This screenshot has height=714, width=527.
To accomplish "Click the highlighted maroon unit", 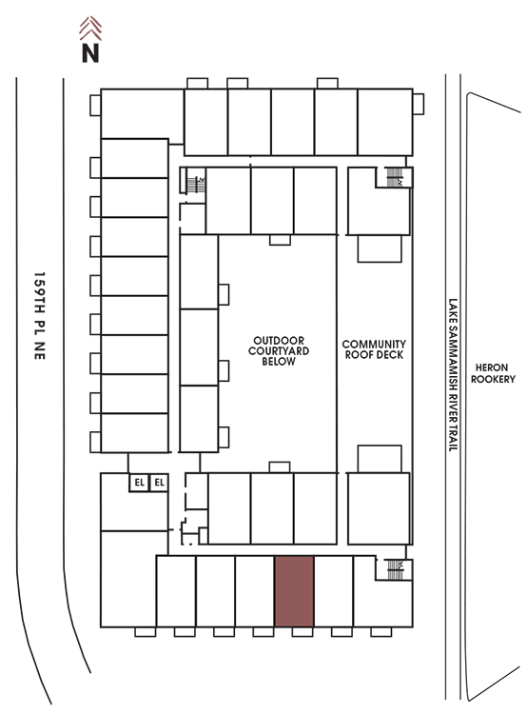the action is (x=294, y=591).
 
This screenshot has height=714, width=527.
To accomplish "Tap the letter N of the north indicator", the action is (x=90, y=52).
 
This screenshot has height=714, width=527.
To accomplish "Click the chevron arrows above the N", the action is (x=90, y=29).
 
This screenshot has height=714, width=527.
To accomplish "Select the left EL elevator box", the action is (x=139, y=483).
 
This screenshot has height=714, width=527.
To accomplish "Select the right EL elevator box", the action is (x=159, y=483).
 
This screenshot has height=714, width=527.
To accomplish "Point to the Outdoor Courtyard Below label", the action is (x=279, y=351).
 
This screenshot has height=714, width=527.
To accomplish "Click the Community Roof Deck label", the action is (x=374, y=349).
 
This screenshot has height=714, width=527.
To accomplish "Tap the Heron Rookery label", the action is (x=493, y=373).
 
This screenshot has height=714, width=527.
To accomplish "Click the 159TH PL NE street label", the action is (x=40, y=316).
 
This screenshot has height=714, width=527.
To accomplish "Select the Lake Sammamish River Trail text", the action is (x=453, y=375).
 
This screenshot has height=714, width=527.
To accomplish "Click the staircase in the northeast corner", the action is (x=394, y=177).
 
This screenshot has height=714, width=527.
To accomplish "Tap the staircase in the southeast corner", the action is (x=395, y=569).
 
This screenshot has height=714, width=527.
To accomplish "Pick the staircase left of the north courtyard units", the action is (x=196, y=185).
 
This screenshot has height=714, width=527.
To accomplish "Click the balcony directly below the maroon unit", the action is (x=303, y=632).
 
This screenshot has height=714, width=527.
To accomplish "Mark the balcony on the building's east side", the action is (x=419, y=104).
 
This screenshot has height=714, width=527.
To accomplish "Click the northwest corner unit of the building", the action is (x=142, y=114).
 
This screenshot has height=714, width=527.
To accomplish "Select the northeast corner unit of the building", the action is (x=385, y=122).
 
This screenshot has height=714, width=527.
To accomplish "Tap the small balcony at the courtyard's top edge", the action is (x=280, y=240).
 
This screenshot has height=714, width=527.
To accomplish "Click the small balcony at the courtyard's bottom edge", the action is (x=280, y=467).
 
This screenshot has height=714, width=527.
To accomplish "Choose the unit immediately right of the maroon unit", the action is (x=334, y=591).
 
